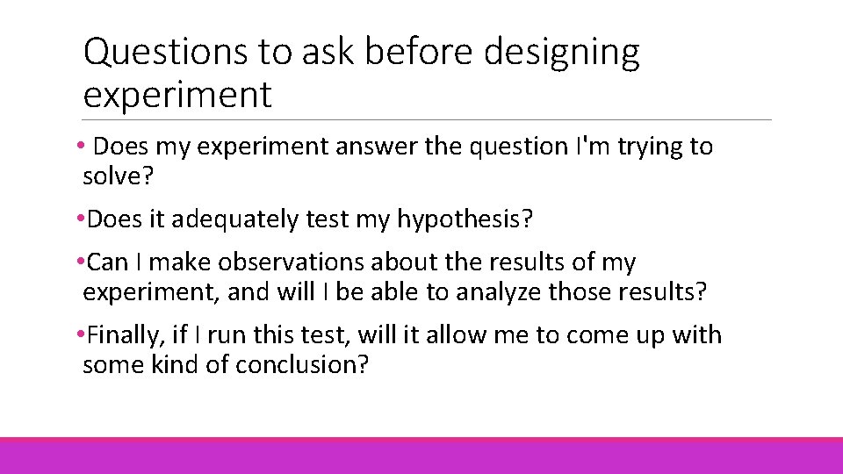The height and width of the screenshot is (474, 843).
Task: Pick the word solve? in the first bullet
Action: point(118,176)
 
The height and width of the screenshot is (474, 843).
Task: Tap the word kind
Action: point(173,364)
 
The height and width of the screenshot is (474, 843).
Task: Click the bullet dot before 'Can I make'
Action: point(81,262)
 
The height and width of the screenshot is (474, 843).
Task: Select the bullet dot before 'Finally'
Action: point(81,335)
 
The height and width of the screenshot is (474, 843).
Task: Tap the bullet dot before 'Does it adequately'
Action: point(81,219)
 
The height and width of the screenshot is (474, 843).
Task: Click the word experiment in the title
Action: point(177,95)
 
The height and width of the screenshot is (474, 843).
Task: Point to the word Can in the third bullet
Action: point(108,262)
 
